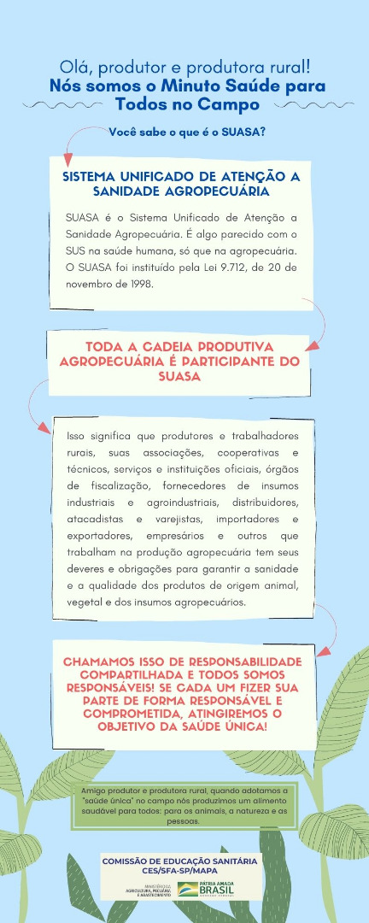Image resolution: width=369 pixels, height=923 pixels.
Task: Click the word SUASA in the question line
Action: (240, 132)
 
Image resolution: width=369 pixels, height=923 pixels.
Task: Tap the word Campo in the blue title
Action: (227, 103)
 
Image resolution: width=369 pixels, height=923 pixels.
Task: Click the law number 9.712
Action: (232, 267)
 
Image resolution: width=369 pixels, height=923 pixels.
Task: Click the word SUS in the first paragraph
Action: (79, 250)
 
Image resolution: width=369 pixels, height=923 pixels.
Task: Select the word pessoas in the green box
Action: (184, 820)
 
